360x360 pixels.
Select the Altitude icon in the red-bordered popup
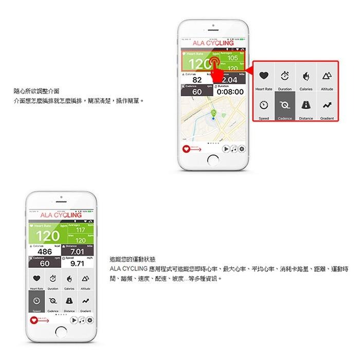327,77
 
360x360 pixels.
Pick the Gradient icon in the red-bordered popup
327,106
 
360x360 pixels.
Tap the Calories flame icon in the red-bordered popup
306,77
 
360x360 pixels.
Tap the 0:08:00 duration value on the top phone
229,92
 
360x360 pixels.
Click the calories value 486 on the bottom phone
45,251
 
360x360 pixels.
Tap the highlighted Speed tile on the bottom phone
37,302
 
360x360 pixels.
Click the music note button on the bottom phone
82,320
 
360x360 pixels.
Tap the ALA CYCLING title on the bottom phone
61,215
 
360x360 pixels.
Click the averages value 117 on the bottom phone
80,230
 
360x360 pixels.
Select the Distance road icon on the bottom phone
69,300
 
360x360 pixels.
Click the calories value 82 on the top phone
196,80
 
